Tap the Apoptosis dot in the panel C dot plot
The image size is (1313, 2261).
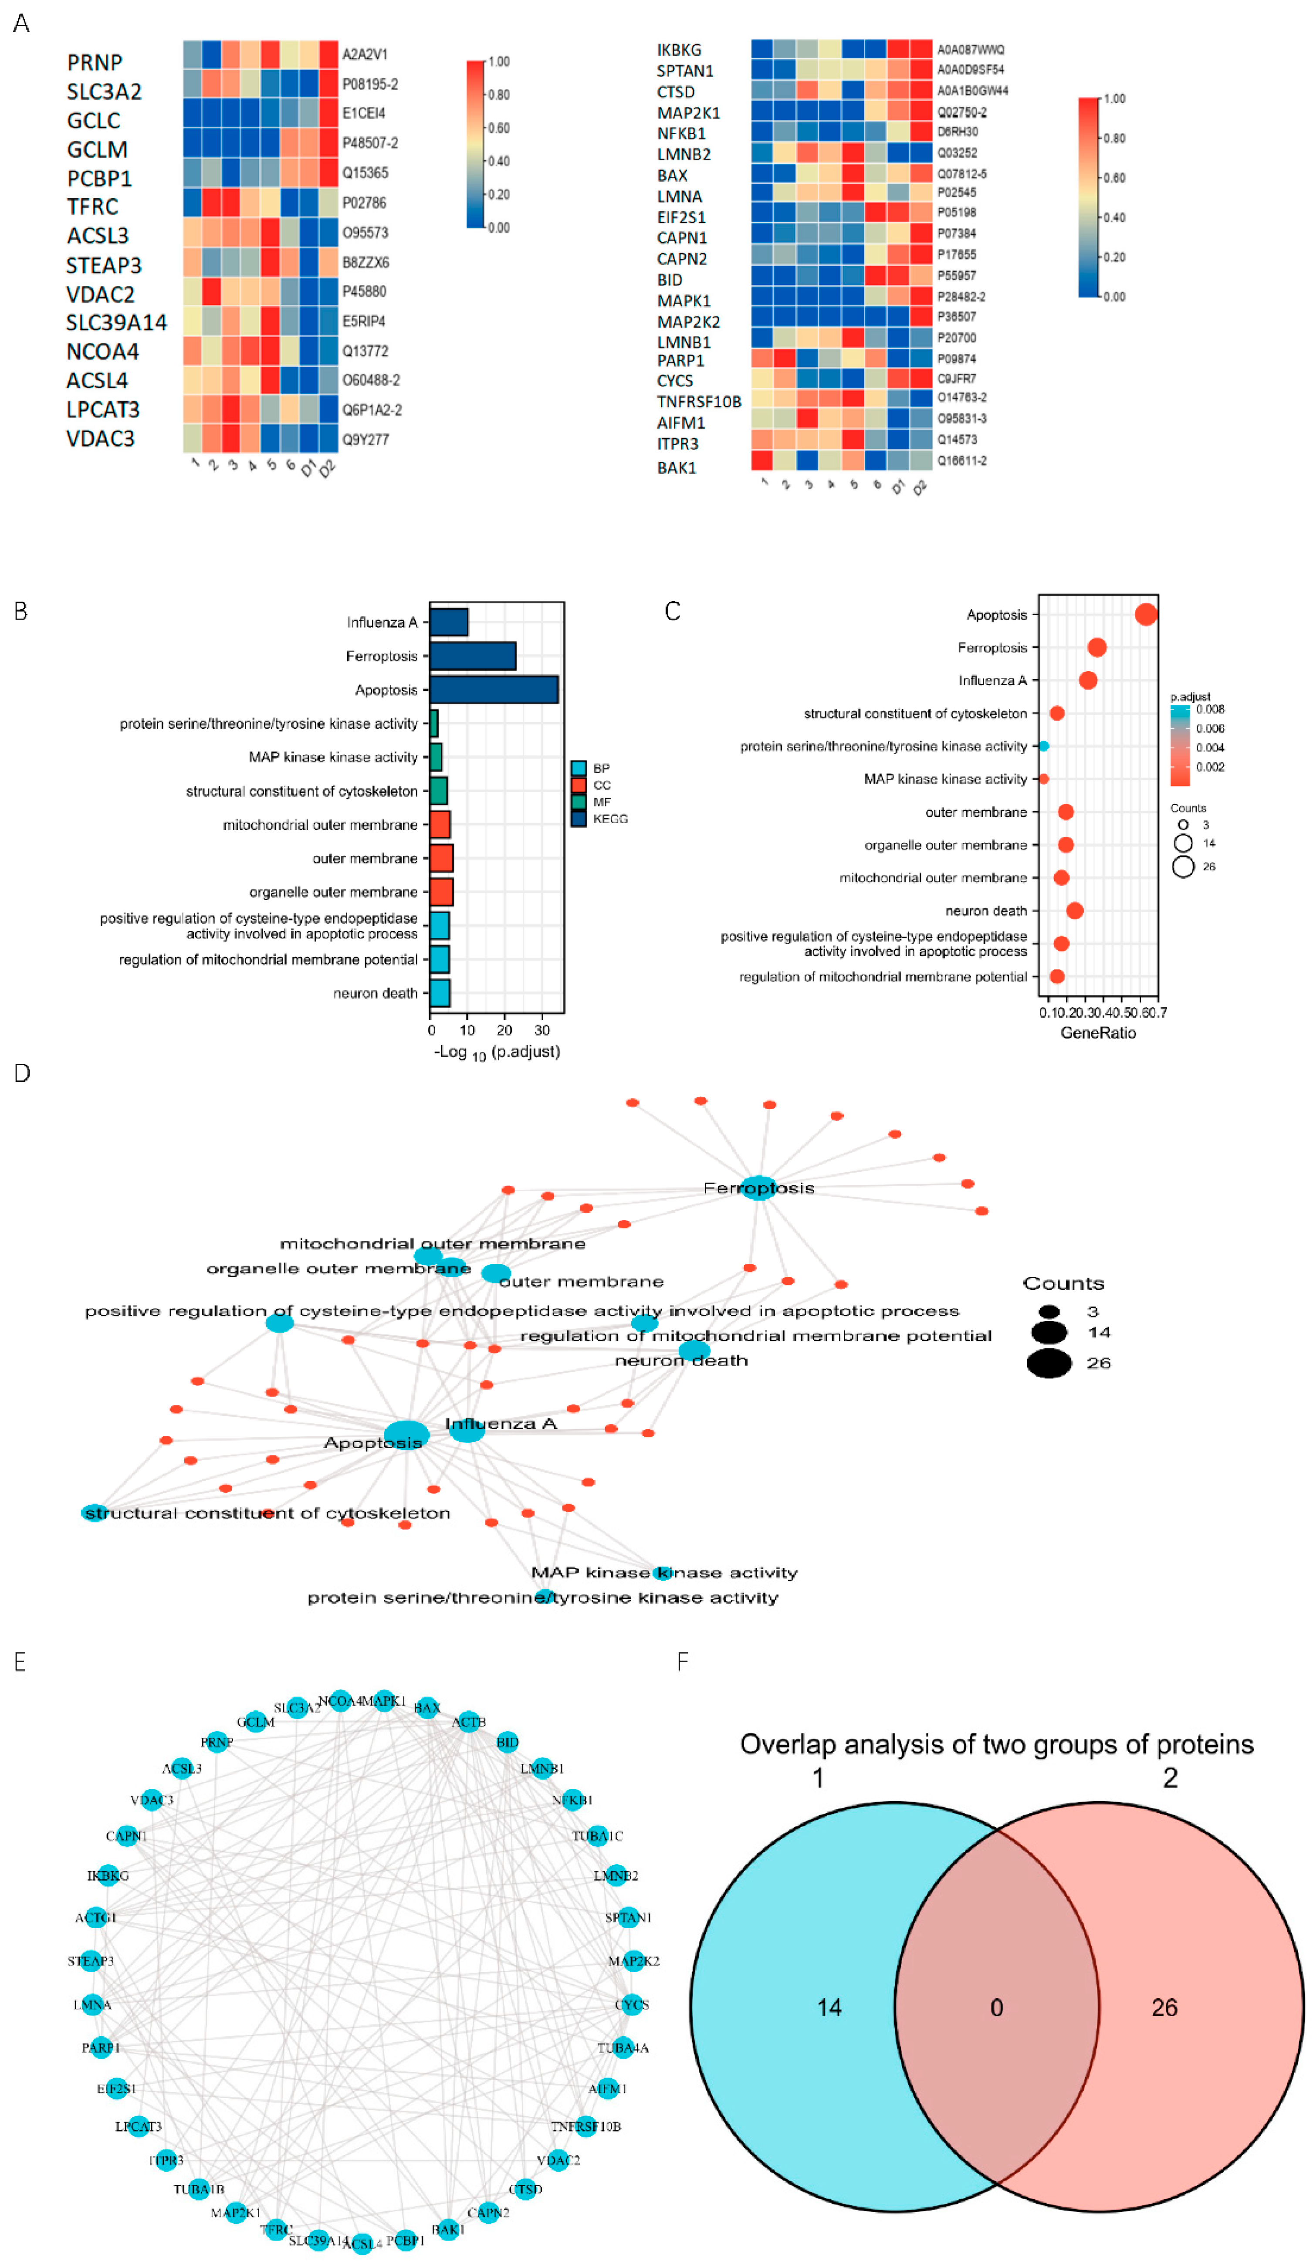[x=1145, y=615]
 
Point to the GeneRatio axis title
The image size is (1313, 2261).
[x=1098, y=1033]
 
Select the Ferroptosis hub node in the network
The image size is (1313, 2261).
[x=758, y=1188]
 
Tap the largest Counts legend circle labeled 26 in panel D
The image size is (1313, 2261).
[x=1048, y=1363]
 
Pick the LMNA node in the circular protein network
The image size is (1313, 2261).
[x=91, y=2004]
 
